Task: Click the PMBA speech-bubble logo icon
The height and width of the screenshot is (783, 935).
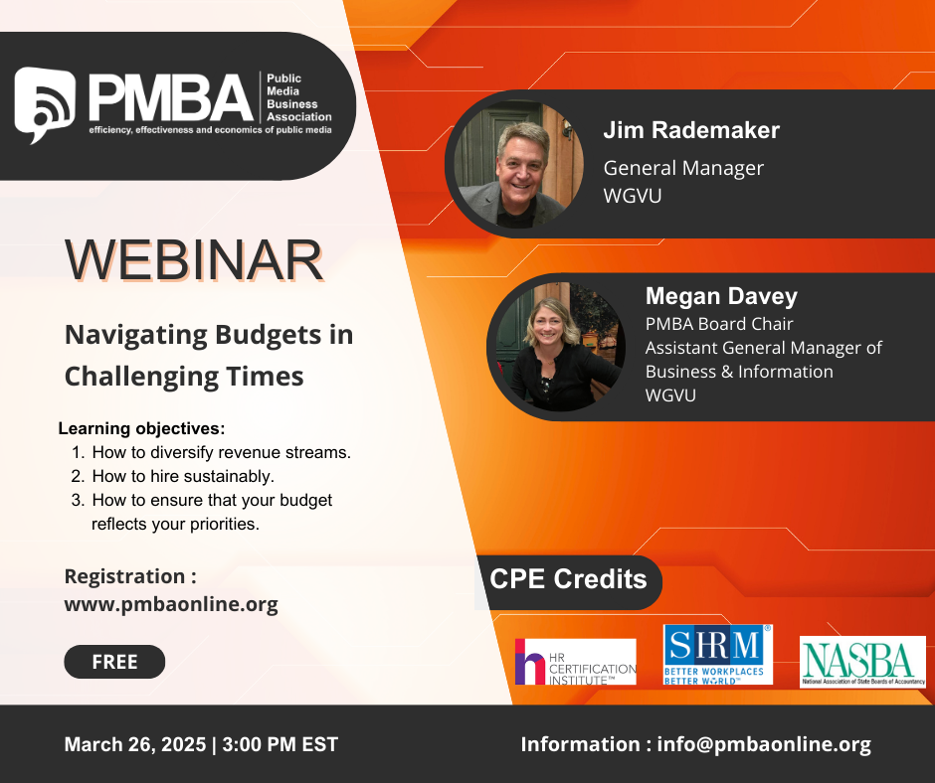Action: [45, 104]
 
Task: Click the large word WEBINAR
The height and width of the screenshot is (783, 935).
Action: [194, 260]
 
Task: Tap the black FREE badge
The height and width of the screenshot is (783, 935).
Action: [114, 662]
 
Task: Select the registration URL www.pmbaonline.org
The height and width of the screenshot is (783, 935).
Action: [171, 604]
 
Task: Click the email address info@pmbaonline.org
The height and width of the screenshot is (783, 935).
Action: [764, 744]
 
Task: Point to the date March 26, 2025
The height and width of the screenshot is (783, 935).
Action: [134, 744]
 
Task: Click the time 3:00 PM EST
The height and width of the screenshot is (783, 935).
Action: [280, 744]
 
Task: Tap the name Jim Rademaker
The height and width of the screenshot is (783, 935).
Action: [691, 130]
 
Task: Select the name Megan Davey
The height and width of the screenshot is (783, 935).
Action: [721, 296]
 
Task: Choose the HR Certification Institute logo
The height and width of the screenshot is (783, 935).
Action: [576, 662]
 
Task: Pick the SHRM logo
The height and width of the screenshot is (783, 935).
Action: [718, 654]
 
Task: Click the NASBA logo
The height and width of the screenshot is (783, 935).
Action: [862, 662]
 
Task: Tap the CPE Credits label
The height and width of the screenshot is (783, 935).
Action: [568, 579]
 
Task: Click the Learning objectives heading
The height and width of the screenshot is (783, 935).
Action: [141, 428]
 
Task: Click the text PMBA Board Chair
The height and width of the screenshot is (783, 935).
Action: [719, 324]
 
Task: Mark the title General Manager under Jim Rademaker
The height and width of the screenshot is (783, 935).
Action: [683, 169]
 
